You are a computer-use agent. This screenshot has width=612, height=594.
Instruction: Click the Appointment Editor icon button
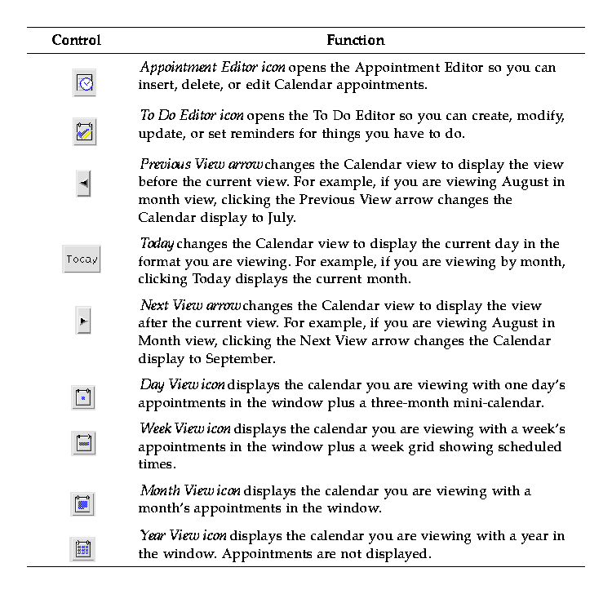(85, 82)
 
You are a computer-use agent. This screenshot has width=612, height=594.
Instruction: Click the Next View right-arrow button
(83, 321)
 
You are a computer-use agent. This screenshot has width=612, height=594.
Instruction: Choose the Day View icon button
(83, 397)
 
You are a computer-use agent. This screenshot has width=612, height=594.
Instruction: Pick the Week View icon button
(83, 443)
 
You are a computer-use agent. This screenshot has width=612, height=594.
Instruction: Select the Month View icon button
(83, 504)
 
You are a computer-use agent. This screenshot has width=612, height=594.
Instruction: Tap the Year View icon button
(83, 549)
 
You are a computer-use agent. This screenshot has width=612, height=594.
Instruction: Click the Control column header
(76, 40)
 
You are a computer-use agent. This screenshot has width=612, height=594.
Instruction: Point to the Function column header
(355, 40)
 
